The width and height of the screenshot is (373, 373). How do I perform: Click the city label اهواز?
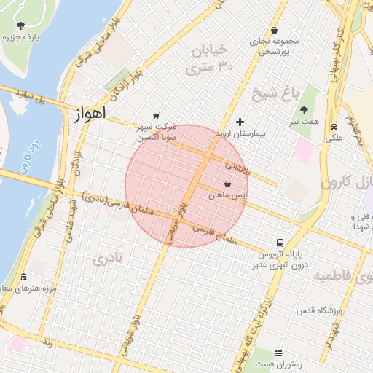pyautogui.click(x=90, y=114)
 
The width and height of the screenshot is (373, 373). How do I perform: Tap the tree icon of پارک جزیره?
pyautogui.click(x=20, y=25)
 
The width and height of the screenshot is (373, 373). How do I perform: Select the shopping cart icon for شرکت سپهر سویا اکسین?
pyautogui.click(x=155, y=115)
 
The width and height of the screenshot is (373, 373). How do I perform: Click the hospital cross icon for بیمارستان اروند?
pyautogui.click(x=240, y=122)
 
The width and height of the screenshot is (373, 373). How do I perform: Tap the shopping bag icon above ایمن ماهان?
pyautogui.click(x=228, y=184)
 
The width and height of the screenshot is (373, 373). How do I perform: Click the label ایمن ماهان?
pyautogui.click(x=228, y=197)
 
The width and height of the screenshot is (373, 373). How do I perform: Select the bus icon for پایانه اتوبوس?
pyautogui.click(x=280, y=243)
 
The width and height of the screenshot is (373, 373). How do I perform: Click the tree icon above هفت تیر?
pyautogui.click(x=304, y=111)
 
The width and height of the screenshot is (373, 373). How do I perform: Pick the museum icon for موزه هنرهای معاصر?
pyautogui.click(x=23, y=278)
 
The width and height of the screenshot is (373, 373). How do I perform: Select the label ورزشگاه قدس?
pyautogui.click(x=318, y=311)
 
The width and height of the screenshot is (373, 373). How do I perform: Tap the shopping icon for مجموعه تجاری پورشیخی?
pyautogui.click(x=274, y=31)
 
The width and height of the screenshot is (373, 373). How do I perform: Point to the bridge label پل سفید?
pyautogui.click(x=33, y=95)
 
